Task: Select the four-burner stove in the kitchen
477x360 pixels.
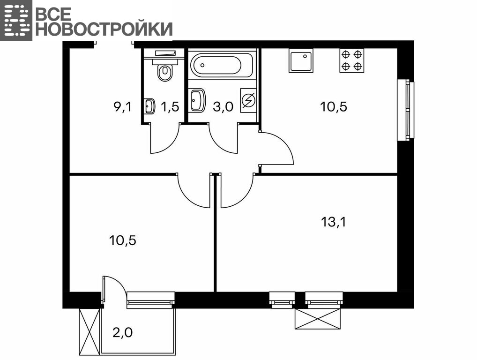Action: coord(352,60)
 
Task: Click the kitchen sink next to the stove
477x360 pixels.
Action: coord(300,60)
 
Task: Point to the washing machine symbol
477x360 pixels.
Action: coord(248,100)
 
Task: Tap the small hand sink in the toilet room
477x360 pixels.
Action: coord(149,106)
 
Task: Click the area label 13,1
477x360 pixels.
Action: coord(334,222)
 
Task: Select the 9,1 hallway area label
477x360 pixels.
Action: coord(123,106)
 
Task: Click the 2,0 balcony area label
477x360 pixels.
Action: coord(123,332)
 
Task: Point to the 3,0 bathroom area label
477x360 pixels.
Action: coord(223,107)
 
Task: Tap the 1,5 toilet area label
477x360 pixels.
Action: coord(170,106)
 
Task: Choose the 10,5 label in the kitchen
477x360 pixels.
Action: coord(334,106)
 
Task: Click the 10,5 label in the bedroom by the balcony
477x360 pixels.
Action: coord(123,240)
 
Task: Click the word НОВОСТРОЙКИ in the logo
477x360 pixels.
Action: coord(104,29)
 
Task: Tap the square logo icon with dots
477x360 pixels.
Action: coord(16,20)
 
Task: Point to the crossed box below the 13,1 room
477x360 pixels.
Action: coord(318,319)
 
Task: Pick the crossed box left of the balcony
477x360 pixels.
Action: coord(89,332)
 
